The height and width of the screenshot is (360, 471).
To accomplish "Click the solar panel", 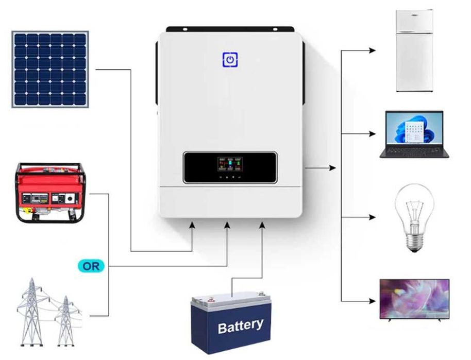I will click(x=50, y=69).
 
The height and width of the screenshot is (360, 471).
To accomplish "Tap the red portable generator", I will click(x=51, y=193).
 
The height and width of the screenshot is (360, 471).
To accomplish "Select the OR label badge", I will click(x=91, y=266).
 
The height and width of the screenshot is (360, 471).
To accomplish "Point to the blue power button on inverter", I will click(x=230, y=60).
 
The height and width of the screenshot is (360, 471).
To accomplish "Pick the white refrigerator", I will click(x=414, y=50).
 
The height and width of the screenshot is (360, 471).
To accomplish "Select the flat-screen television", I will click(x=414, y=299).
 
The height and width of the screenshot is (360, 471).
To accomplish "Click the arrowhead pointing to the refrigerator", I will click(x=373, y=50).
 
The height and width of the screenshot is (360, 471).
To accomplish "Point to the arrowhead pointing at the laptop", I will click(x=373, y=134).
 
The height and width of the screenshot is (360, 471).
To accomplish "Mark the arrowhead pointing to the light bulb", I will click(x=373, y=217).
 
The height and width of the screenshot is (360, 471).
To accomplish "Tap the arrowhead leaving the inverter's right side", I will click(x=332, y=168).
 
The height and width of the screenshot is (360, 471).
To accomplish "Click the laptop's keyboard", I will click(x=414, y=150).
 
